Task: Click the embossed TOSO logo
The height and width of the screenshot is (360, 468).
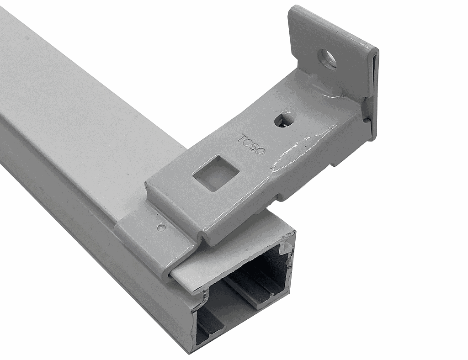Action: tap(252, 145)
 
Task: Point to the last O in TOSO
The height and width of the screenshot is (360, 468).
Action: tap(261, 152)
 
